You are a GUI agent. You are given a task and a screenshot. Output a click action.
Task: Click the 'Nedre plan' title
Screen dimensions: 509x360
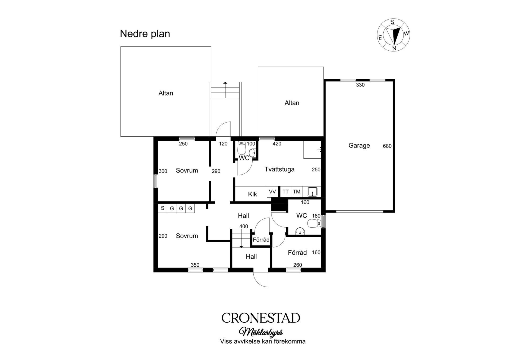tap(145, 34)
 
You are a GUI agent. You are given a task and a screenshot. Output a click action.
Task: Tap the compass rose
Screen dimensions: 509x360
tap(393, 35)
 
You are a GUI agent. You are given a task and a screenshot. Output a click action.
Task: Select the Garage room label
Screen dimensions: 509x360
tap(359, 145)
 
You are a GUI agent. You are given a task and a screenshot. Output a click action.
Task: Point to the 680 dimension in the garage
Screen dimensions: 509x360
tap(387, 146)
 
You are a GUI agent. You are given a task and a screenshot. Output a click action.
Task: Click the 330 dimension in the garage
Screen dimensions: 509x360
tap(360, 85)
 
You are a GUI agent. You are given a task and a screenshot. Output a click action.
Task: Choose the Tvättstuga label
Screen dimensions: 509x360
tap(279, 169)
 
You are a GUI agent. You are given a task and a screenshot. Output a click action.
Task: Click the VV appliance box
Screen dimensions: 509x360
tap(273, 192)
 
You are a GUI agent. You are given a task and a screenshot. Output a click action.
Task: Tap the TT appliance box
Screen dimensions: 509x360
tap(286, 192)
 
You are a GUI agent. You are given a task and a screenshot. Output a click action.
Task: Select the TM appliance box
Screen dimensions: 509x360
tap(297, 192)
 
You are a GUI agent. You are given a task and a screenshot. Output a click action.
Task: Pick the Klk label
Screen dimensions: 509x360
tap(252, 194)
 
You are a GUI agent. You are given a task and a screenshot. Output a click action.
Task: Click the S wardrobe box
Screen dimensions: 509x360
tap(163, 208)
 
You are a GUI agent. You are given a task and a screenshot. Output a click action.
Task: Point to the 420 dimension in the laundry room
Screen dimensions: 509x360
tap(277, 144)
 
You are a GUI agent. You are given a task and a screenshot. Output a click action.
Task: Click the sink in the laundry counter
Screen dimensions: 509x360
tap(313, 192)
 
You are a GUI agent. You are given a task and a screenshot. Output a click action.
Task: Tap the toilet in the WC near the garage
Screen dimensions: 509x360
tap(314, 223)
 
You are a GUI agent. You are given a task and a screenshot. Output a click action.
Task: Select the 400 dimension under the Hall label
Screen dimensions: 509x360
tap(244, 226)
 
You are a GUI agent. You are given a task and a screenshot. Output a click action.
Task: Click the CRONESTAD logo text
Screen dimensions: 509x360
tap(261, 318)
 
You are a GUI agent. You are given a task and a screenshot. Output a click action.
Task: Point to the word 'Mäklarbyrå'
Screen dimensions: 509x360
tap(261, 332)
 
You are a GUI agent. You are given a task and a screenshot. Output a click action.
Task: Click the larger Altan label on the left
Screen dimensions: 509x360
tap(166, 93)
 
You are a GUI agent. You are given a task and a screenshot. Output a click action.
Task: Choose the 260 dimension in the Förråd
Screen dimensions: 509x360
tap(298, 265)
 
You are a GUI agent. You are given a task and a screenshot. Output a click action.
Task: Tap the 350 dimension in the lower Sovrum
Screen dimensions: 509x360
tap(195, 265)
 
